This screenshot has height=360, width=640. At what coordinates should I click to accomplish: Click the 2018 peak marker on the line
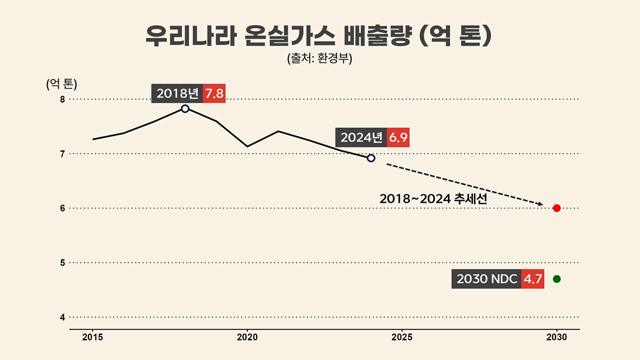pos(185,108)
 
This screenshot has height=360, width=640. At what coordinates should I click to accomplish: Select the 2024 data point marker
pos(371,158)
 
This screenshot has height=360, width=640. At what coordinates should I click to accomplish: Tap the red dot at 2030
pos(556,208)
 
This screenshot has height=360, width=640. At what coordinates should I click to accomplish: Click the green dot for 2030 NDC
pos(556,279)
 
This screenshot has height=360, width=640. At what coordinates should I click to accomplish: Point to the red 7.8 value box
pos(214,93)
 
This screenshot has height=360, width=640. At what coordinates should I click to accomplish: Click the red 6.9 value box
pos(398,137)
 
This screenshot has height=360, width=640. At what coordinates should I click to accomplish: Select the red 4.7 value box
pos(532,279)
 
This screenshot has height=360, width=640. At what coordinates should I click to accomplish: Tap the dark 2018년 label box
pos(177,93)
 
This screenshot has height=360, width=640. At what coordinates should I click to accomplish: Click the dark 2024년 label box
pos(361,137)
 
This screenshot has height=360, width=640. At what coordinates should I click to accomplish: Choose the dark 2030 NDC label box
pos(486,279)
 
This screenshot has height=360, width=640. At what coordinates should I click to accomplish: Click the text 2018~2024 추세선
pos(433,199)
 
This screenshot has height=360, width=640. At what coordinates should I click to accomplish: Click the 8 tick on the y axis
pos(62,99)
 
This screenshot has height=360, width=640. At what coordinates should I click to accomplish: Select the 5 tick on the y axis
pos(62,262)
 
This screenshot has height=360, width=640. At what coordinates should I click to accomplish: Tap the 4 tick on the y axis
pos(62,317)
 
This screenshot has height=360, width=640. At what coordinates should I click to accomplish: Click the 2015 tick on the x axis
pos(92,337)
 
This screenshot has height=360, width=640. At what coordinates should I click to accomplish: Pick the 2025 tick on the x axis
pos(402,337)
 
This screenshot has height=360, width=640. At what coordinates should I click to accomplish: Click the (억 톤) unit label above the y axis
pos(61,84)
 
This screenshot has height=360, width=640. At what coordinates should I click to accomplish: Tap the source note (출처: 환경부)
pos(319,58)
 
